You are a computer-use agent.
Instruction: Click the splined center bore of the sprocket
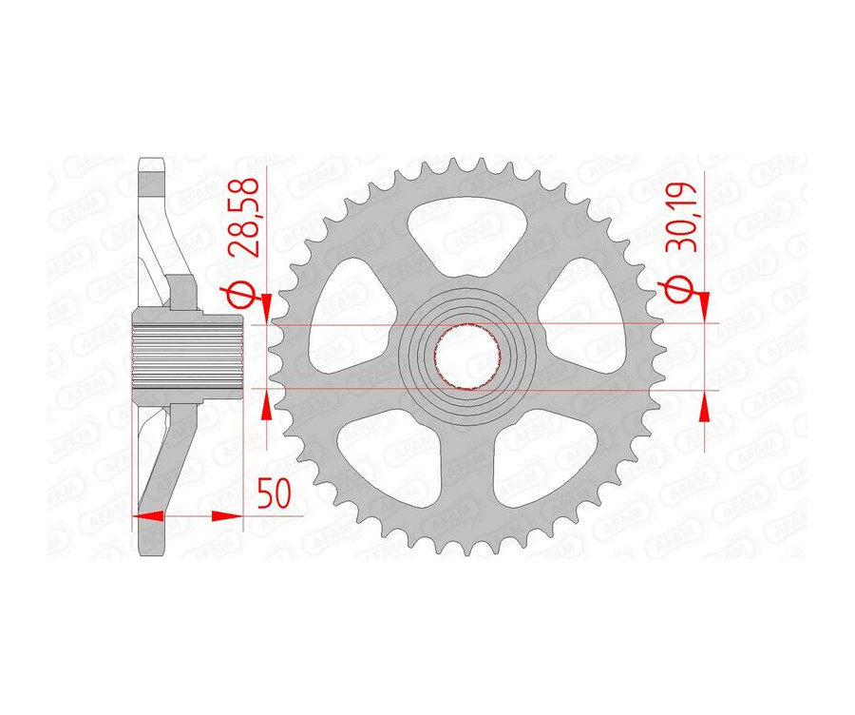466,357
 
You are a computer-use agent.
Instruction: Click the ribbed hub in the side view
186,357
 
